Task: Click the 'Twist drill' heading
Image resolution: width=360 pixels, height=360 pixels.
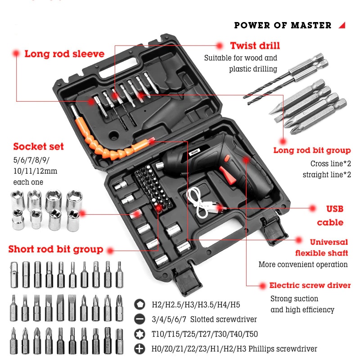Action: point(255,46)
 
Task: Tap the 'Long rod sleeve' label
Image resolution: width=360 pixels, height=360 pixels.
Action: point(64,54)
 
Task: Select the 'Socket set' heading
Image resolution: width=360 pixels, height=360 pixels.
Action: point(38,147)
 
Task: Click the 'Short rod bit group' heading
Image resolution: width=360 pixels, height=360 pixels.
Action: point(56,249)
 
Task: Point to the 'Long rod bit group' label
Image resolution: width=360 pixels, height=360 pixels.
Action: point(312,150)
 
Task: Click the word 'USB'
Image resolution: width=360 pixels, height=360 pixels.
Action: point(335,209)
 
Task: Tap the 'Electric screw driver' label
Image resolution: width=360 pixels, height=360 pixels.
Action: point(310,285)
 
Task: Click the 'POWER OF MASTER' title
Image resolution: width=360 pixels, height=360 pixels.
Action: point(283,25)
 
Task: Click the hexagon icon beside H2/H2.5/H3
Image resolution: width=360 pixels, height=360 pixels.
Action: point(139,305)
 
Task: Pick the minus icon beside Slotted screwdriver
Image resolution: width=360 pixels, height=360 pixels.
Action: point(139,319)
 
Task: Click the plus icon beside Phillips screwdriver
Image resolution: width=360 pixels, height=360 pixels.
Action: point(139,349)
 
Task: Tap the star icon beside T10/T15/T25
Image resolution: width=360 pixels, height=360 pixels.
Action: point(139,334)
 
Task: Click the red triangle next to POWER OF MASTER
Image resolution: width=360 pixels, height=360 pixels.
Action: point(342,25)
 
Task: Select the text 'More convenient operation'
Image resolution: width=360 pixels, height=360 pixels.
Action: point(303,265)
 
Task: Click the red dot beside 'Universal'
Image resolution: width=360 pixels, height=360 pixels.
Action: point(298,240)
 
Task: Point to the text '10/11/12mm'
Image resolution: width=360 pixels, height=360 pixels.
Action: point(36,171)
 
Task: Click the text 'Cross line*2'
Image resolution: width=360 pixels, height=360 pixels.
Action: point(331,163)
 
